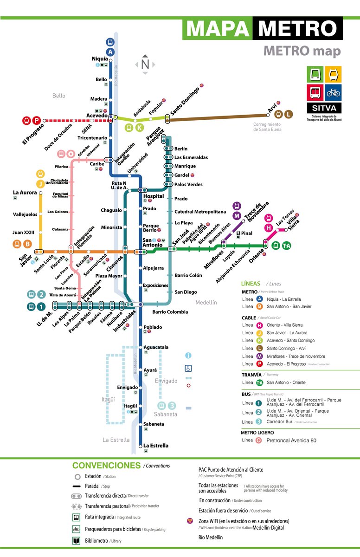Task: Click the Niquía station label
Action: [x=99, y=59]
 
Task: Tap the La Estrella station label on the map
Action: [x=156, y=446]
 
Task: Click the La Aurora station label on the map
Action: [x=25, y=192]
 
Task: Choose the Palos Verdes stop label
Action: [x=188, y=184]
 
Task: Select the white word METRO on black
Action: [x=297, y=29]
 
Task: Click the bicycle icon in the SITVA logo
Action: [x=333, y=92]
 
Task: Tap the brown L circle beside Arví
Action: [x=289, y=114]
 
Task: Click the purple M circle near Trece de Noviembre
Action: [x=237, y=216]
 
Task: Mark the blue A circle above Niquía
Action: [x=110, y=52]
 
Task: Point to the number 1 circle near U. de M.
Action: [x=41, y=306]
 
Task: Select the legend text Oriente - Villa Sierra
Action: [x=288, y=324]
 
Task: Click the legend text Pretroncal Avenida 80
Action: [x=291, y=440]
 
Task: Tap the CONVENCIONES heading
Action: [x=106, y=465]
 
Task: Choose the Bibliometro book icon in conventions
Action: [x=76, y=540]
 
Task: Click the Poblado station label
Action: [x=153, y=327]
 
